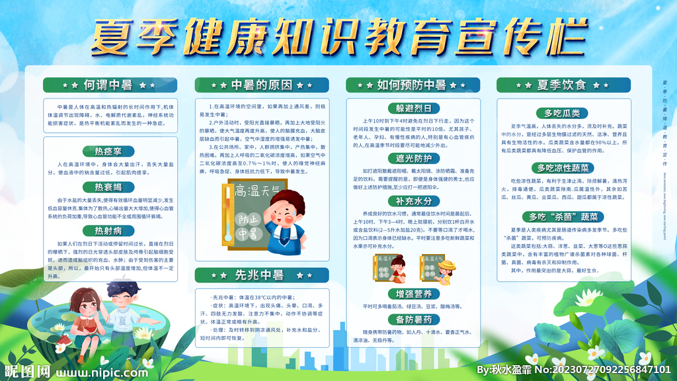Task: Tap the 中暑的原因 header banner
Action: click(261, 85)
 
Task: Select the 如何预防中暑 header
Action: click(412, 85)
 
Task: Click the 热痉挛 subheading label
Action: click(108, 151)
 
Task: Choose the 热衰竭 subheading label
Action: click(108, 187)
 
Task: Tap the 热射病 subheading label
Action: click(108, 231)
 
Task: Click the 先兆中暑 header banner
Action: click(261, 275)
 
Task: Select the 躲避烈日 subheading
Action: click(413, 108)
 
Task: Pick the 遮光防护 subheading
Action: click(413, 158)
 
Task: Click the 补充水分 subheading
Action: click(413, 200)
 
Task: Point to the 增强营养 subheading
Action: click(413, 293)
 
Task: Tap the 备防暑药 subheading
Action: click(413, 319)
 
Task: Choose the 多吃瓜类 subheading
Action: click(562, 112)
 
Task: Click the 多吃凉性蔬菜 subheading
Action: click(562, 167)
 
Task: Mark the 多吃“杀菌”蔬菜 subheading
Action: click(562, 216)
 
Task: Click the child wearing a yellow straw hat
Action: click(447, 271)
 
